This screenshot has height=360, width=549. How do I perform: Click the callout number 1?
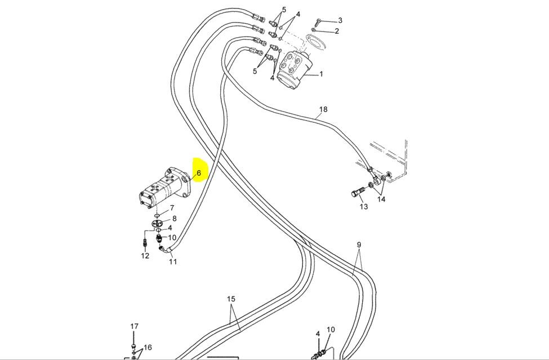click(321, 74)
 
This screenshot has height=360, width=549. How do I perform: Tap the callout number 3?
click(340, 20)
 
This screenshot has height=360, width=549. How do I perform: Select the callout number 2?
click(337, 31)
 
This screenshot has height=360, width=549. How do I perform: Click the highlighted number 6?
click(199, 172)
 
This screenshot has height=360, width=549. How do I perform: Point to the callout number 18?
click(323, 109)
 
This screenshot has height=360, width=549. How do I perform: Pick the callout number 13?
click(364, 207)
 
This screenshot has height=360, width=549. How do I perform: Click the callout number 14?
click(381, 199)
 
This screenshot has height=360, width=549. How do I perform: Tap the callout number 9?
click(359, 245)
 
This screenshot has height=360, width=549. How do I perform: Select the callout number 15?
click(231, 299)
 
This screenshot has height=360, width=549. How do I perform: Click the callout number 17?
click(135, 326)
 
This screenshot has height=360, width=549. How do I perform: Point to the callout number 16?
click(148, 348)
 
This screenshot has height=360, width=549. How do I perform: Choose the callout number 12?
click(145, 256)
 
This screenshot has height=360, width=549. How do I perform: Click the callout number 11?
click(173, 261)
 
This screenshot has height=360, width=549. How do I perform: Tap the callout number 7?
click(172, 208)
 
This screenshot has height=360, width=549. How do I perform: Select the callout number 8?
click(174, 219)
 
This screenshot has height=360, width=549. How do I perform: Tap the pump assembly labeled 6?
click(164, 188)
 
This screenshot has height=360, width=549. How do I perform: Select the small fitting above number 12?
click(145, 242)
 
